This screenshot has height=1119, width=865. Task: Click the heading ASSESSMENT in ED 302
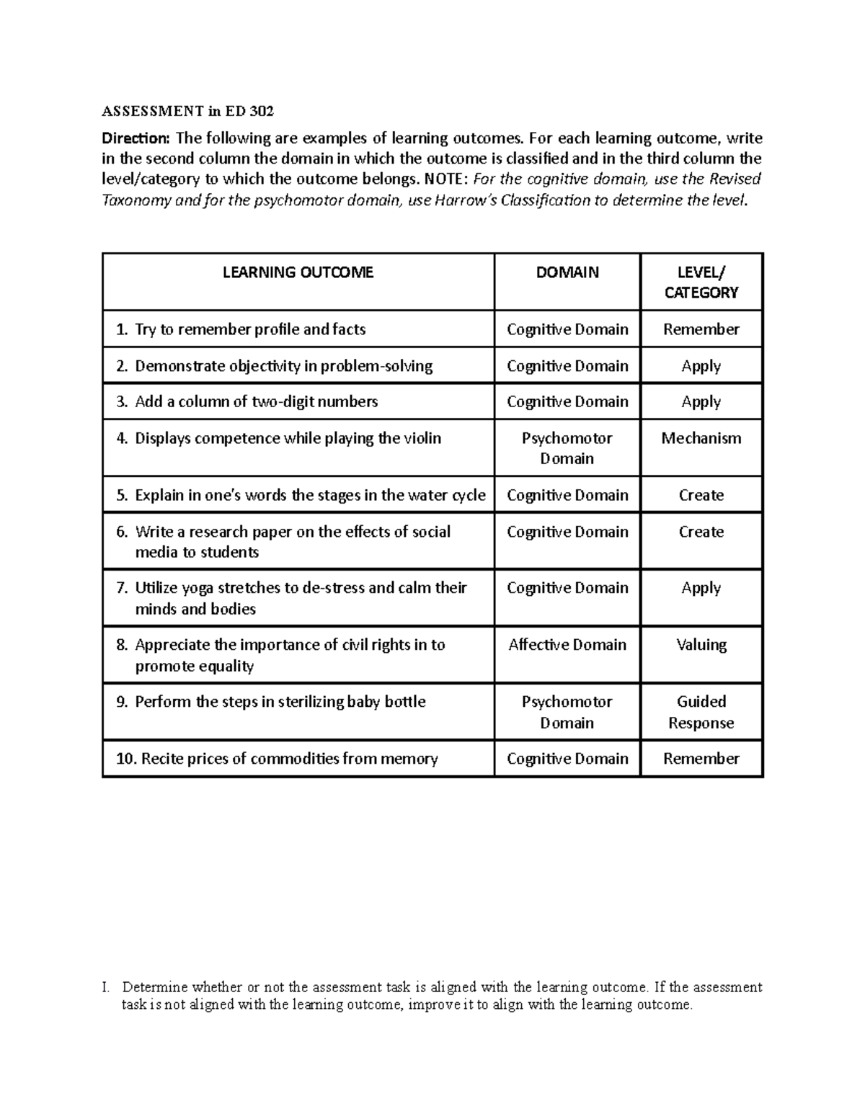point(187,111)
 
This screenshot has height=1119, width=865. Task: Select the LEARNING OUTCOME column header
point(298,272)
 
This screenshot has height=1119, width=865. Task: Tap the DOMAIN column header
point(567,272)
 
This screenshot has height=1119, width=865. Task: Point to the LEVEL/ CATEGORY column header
point(701,282)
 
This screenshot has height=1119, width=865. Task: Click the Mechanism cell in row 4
point(701,438)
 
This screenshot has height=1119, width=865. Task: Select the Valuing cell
point(701,645)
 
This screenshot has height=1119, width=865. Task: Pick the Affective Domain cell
point(567,645)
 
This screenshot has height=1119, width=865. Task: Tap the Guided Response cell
point(701,712)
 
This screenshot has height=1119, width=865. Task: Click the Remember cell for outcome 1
point(701,329)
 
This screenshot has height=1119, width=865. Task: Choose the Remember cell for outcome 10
point(701,759)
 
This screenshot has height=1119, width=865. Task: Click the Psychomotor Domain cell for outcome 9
point(567,712)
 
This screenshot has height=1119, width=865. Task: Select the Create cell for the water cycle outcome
point(701,495)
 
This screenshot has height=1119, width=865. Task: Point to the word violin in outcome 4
point(421,438)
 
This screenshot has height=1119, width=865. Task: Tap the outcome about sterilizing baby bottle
point(280,702)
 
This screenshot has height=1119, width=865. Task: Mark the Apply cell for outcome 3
point(701,402)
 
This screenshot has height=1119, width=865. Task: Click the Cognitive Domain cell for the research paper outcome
point(567,532)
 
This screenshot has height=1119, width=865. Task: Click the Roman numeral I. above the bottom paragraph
point(106,987)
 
